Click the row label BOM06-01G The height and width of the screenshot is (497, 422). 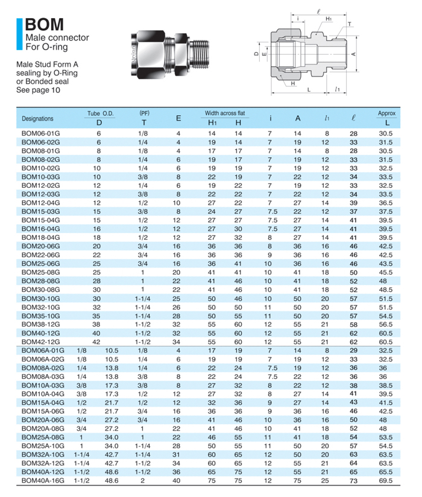point(41,133)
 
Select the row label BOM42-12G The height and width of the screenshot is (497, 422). point(41,342)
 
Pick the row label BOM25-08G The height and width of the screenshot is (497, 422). point(41,272)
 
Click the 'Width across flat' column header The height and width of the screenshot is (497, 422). point(225,113)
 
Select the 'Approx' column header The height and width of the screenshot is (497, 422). point(386,113)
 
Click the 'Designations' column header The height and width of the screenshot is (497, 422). point(37,118)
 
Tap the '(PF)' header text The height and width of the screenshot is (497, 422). point(144,113)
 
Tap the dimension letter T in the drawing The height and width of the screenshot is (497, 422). point(348,25)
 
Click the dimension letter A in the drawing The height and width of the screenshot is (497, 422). point(353,54)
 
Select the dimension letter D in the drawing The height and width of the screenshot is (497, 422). point(256,54)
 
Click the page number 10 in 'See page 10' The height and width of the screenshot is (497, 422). point(56,90)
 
